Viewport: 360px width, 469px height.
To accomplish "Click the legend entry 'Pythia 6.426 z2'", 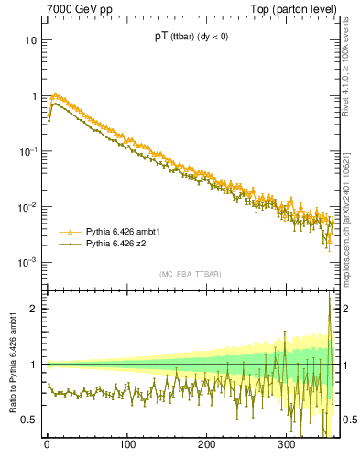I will coord(117,245).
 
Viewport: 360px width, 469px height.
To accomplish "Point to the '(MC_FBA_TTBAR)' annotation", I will coord(191,274).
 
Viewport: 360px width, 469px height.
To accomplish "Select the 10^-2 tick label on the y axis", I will coord(27,207).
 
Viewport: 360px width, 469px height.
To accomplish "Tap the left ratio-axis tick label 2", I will coord(34,309).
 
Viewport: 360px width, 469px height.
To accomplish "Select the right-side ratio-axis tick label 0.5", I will coord(349,420).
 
